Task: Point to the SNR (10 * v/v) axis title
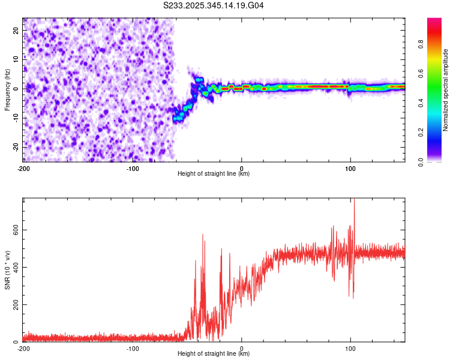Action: tap(7, 269)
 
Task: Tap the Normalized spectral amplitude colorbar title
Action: tap(446, 90)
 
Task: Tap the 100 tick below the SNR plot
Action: tap(350, 348)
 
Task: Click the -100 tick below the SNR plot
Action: tap(133, 348)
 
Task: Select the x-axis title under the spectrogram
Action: tap(214, 174)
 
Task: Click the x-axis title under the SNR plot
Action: tap(214, 354)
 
